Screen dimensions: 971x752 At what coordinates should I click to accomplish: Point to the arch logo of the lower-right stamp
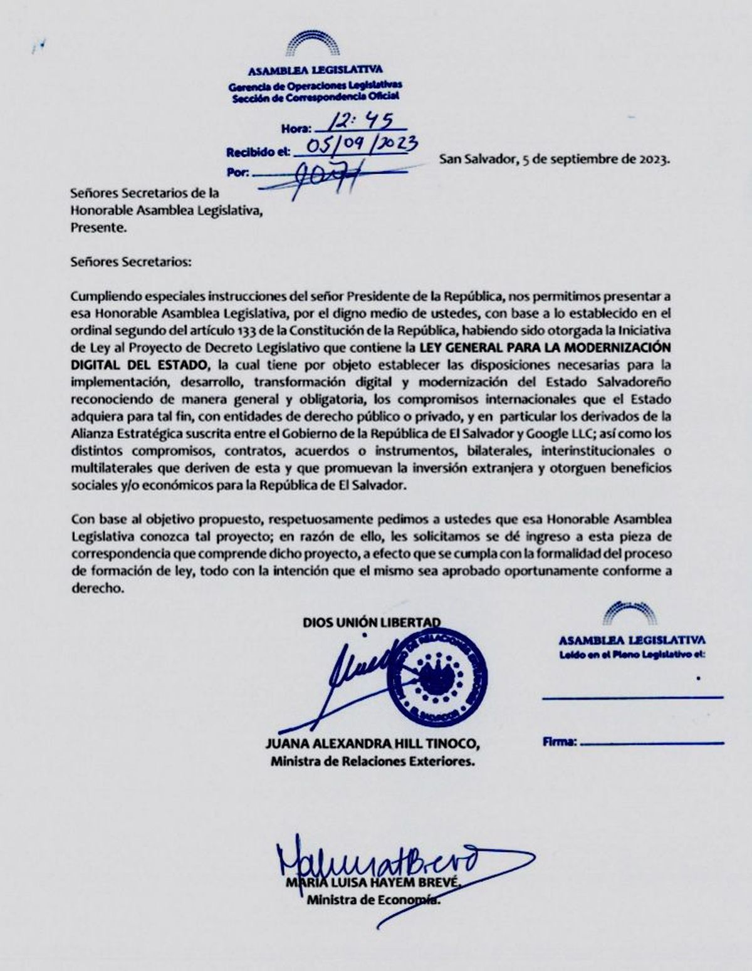[631, 615]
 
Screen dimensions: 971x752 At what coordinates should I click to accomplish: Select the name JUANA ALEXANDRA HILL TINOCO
[373, 745]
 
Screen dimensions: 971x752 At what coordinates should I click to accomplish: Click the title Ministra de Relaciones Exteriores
[372, 762]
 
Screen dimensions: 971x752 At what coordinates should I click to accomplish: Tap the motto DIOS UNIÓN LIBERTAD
[372, 623]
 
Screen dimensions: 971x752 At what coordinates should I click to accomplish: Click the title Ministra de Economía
[373, 901]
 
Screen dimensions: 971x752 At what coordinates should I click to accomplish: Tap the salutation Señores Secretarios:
[131, 261]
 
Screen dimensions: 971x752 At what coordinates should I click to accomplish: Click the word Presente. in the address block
[99, 228]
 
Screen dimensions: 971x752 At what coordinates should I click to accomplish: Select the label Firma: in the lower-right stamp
[559, 742]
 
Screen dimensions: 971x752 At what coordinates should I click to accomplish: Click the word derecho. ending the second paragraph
[99, 588]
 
